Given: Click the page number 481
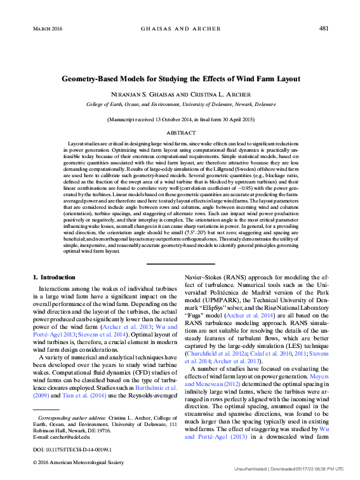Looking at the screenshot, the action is click(x=323, y=29).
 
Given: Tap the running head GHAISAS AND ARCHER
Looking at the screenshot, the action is click(x=180, y=29).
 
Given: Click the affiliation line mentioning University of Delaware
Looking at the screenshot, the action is click(x=180, y=103).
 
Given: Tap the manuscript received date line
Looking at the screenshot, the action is click(x=180, y=119).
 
